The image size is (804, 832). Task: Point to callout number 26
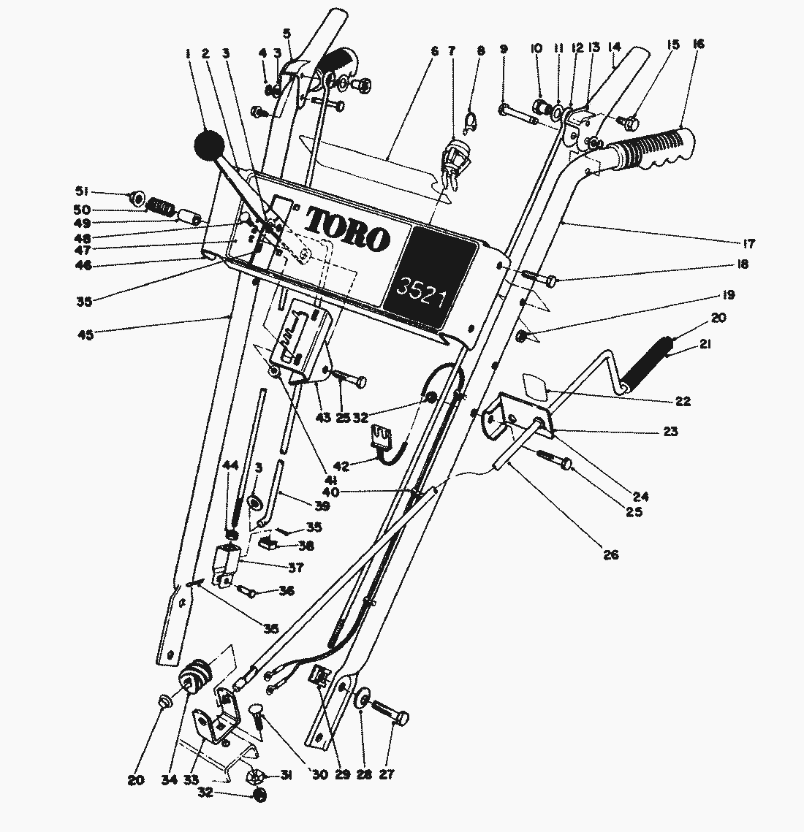611,555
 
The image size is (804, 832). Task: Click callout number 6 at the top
434,51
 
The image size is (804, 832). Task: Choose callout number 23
669,432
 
